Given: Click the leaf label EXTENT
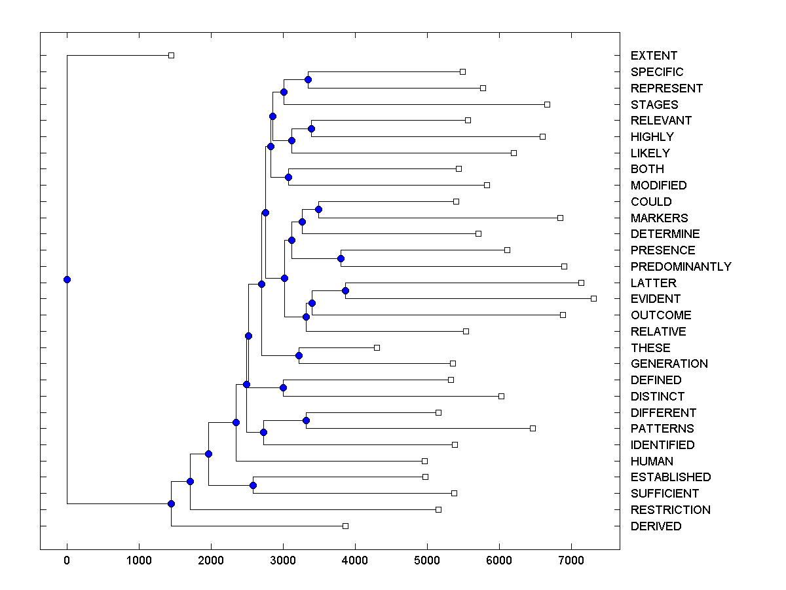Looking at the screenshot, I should [x=654, y=56].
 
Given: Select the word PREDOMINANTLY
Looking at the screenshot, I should [x=681, y=267].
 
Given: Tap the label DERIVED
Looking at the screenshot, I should [x=656, y=526].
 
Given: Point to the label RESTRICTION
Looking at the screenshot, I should [x=670, y=510].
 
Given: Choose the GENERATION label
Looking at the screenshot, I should [x=669, y=364].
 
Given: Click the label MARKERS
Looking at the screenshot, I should [x=659, y=218].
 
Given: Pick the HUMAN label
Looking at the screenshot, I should [x=652, y=462].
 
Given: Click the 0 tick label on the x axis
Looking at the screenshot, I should [x=67, y=561].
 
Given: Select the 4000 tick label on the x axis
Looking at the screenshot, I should [x=355, y=561].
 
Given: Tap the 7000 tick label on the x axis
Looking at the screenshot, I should [x=571, y=561].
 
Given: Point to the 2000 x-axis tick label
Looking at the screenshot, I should [x=211, y=561].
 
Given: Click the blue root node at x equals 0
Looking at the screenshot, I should [x=67, y=279].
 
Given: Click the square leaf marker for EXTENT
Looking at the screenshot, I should [x=171, y=55].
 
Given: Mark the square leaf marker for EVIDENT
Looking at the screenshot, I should [x=593, y=298].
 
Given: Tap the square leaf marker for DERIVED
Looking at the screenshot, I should [x=345, y=526].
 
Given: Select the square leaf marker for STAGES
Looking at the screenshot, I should [x=547, y=104].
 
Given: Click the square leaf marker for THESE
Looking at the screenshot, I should [x=377, y=347].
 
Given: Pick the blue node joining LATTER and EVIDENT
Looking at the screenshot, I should [x=346, y=290].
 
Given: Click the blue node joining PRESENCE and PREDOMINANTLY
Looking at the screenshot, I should [x=341, y=258].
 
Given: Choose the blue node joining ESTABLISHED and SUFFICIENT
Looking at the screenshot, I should [x=253, y=485].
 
